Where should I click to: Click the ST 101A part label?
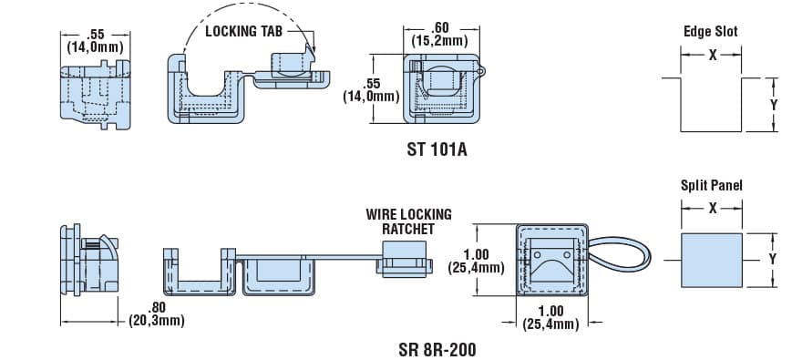coord(437,149)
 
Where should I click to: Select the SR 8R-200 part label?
coord(437,349)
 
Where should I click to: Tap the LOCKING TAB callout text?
coord(244,31)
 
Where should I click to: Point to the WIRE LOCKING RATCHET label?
coord(408,221)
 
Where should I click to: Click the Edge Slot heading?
coord(711,31)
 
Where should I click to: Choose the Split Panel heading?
coord(711,185)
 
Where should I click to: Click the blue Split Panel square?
coord(711,260)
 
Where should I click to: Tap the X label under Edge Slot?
coord(712,55)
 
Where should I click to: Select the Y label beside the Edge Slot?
coord(773,105)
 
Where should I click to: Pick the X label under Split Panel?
coord(712,208)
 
